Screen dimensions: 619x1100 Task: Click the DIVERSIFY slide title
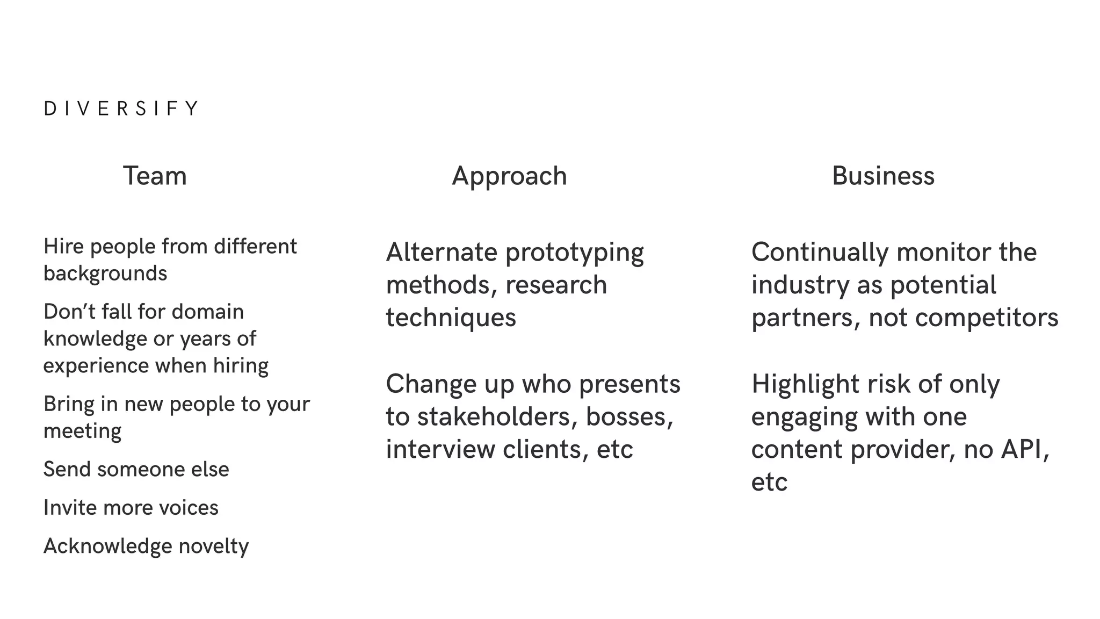(x=121, y=109)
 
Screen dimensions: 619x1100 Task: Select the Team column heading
(x=155, y=176)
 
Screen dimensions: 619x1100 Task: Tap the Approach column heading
(x=509, y=176)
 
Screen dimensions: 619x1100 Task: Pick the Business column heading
(x=883, y=176)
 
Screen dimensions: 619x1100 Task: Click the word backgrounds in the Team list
(x=105, y=273)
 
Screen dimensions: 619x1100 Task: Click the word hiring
(x=241, y=366)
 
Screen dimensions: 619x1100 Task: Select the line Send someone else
(x=136, y=469)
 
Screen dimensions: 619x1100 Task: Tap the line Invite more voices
(x=131, y=508)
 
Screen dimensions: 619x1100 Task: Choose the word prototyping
(x=575, y=253)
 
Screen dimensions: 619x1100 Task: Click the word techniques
(x=451, y=318)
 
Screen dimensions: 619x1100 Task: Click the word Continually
(x=820, y=252)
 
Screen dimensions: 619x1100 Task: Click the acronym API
(x=1024, y=449)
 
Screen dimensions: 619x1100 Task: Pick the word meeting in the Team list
(x=82, y=431)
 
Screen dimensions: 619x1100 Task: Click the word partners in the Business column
(x=801, y=318)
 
